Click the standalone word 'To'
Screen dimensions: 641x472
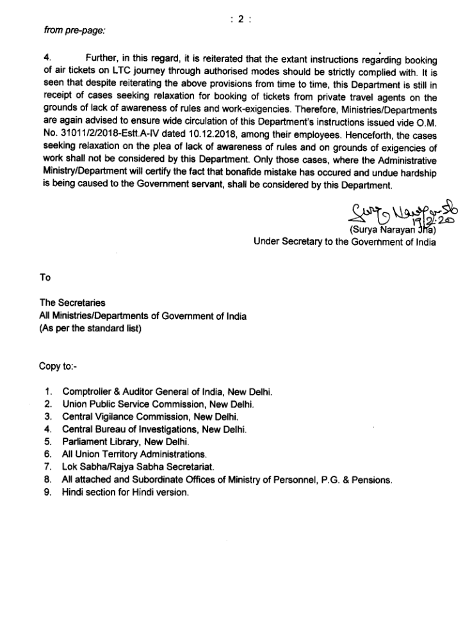(x=45, y=278)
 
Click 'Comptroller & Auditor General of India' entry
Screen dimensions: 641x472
(x=167, y=390)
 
